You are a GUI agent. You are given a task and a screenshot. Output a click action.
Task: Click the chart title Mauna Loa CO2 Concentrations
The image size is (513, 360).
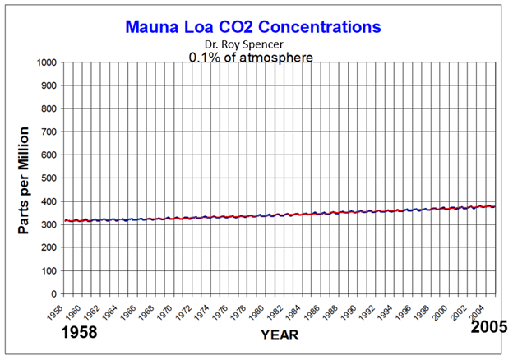coord(253,26)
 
